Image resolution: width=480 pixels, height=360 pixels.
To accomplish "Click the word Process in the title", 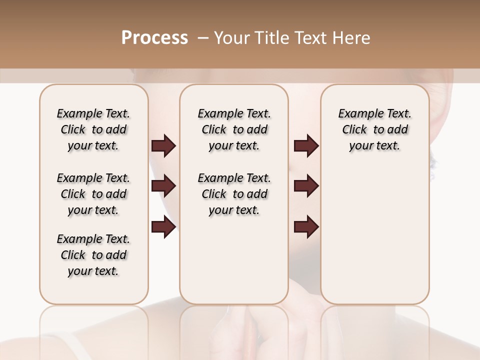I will (154, 38).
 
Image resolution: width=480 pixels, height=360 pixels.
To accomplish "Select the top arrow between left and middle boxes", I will (163, 145).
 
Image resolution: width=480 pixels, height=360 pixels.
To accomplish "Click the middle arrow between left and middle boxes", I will (163, 186).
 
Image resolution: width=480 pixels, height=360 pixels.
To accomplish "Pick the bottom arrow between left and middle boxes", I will (163, 227).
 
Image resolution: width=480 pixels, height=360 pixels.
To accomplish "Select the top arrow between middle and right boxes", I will (306, 145).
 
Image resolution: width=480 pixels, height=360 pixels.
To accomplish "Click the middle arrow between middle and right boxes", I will (306, 186).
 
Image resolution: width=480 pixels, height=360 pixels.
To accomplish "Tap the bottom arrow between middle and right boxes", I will (306, 227).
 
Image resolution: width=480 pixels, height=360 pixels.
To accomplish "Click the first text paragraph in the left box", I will (93, 129).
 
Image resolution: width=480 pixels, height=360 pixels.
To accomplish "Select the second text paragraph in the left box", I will (93, 194).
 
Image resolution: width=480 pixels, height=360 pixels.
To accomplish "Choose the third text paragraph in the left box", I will (93, 255).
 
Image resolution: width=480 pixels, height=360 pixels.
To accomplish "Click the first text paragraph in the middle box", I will (234, 129).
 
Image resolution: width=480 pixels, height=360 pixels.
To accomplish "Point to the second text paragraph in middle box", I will (234, 194).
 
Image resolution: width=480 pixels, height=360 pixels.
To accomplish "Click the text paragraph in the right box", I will (374, 129).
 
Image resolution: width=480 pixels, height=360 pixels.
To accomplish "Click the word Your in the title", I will (230, 38).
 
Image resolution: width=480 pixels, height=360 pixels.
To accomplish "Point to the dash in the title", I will (203, 38).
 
